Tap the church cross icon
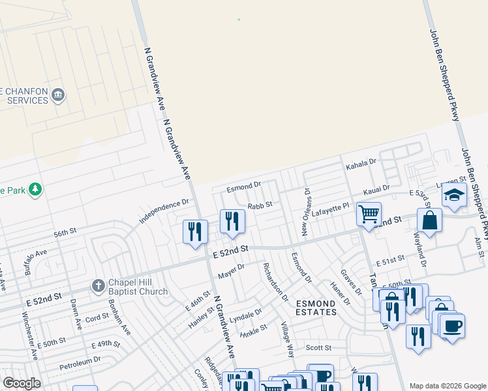98,285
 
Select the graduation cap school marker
453,195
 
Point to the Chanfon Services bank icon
58,95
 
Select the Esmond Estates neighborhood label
316,308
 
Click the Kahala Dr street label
363,162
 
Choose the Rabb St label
259,205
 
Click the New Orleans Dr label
305,212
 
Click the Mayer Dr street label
231,269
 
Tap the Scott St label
318,348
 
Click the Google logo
22,383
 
